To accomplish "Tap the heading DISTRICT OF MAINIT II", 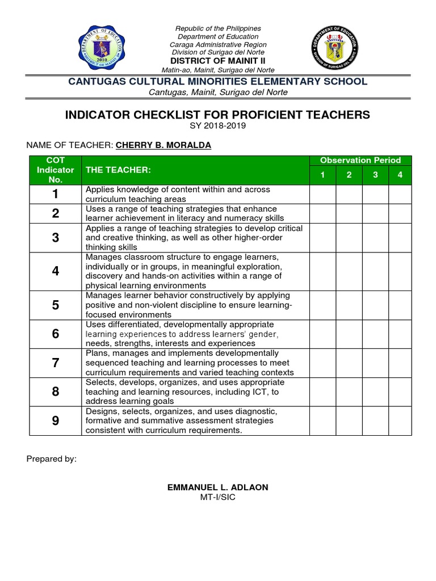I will coord(217,61).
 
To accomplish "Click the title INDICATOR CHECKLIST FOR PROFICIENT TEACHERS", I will coord(217,115).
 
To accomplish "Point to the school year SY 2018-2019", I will coord(217,126).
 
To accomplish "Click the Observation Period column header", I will coord(360,161).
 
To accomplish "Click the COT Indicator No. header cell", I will coord(55,170).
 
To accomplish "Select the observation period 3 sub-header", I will coord(375,175).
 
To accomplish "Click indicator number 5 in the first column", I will coord(55,305).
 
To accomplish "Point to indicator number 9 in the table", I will coord(55,421).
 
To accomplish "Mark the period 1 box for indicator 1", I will coord(322,194).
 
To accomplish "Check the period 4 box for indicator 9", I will coord(400,421).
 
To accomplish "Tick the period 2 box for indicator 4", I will coord(349,271).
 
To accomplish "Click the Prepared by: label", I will coord(51,459).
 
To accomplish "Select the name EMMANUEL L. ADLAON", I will coord(217,488).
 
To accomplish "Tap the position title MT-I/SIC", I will coord(217,498).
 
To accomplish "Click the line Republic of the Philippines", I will coord(217,28).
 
